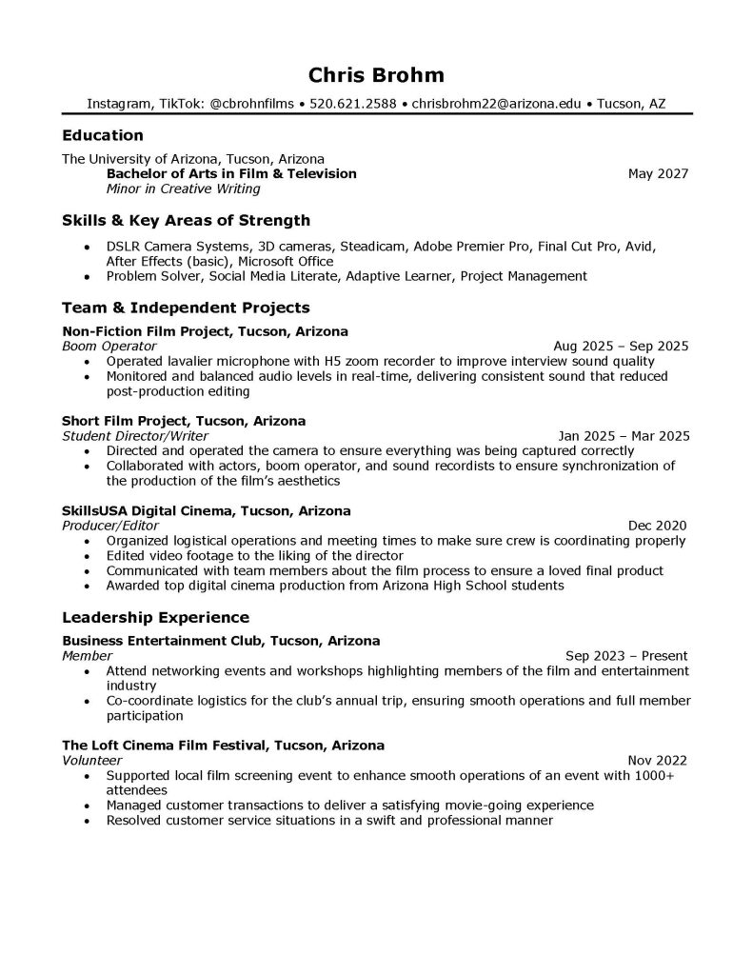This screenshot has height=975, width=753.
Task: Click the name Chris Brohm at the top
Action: click(376, 75)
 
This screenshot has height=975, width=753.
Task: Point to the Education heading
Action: click(102, 135)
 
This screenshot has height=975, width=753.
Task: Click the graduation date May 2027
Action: click(658, 173)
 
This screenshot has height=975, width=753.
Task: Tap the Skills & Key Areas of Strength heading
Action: click(186, 221)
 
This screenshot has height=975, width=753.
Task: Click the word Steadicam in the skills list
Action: click(373, 246)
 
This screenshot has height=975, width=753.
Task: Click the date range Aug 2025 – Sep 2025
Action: click(621, 347)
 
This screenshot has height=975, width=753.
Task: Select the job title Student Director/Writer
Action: click(133, 435)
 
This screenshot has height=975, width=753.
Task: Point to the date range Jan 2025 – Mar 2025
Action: click(624, 436)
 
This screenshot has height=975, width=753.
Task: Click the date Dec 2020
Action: click(658, 525)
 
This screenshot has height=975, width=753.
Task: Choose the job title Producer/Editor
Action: click(109, 525)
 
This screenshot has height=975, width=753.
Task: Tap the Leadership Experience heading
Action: click(155, 617)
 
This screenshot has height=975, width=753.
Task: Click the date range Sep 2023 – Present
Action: click(626, 656)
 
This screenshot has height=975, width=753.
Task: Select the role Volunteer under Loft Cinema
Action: click(91, 761)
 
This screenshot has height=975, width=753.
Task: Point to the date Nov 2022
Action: click(658, 761)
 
